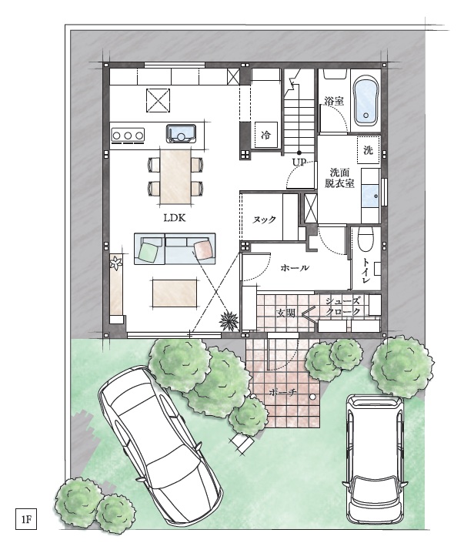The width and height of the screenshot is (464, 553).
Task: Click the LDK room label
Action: tap(175, 218)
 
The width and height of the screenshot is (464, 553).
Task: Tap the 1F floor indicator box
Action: tap(26, 519)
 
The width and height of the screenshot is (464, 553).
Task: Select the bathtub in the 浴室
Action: tap(366, 101)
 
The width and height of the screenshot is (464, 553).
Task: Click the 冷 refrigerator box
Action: tap(266, 134)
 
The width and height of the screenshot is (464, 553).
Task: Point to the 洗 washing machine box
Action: tap(368, 150)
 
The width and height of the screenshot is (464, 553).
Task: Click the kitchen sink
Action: tap(181, 133)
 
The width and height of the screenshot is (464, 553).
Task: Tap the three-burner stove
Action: tap(128, 135)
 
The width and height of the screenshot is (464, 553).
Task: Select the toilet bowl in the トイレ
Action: tap(366, 239)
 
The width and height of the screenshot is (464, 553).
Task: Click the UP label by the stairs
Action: tap(299, 163)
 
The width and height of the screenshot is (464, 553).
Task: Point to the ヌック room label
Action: tap(264, 220)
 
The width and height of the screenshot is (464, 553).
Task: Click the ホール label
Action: tap(295, 268)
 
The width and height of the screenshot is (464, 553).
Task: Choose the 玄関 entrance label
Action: tap(285, 313)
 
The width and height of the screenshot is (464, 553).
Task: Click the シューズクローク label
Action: tap(342, 306)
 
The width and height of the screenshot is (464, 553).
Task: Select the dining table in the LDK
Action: tap(175, 176)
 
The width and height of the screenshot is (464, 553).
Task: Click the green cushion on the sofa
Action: tap(149, 251)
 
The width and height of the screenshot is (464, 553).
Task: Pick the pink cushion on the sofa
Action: tap(204, 250)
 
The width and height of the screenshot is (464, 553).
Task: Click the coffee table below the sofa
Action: tap(175, 293)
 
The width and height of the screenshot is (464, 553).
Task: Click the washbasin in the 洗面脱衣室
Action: tap(370, 196)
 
